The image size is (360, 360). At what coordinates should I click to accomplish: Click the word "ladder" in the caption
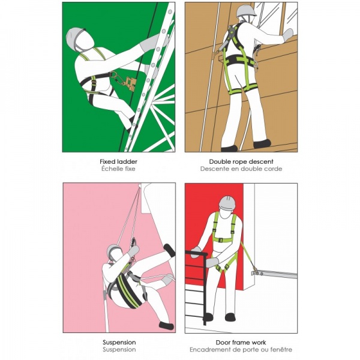pos(127,161)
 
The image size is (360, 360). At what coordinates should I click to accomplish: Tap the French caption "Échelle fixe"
pos(118,169)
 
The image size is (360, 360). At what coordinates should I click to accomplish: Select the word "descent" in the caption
pos(260,161)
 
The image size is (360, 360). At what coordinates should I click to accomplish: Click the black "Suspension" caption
pos(119,343)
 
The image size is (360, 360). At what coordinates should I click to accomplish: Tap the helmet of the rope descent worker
pos(246,11)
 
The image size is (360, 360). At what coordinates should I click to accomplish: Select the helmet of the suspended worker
pos(114,250)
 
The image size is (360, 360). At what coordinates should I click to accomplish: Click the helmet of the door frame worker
pos(227,203)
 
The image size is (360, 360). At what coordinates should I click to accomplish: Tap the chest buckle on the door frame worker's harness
pos(221,240)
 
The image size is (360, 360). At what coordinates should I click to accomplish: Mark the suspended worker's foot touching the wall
pos(169,250)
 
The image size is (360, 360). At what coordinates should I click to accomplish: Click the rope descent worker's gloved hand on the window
pos(289,35)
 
